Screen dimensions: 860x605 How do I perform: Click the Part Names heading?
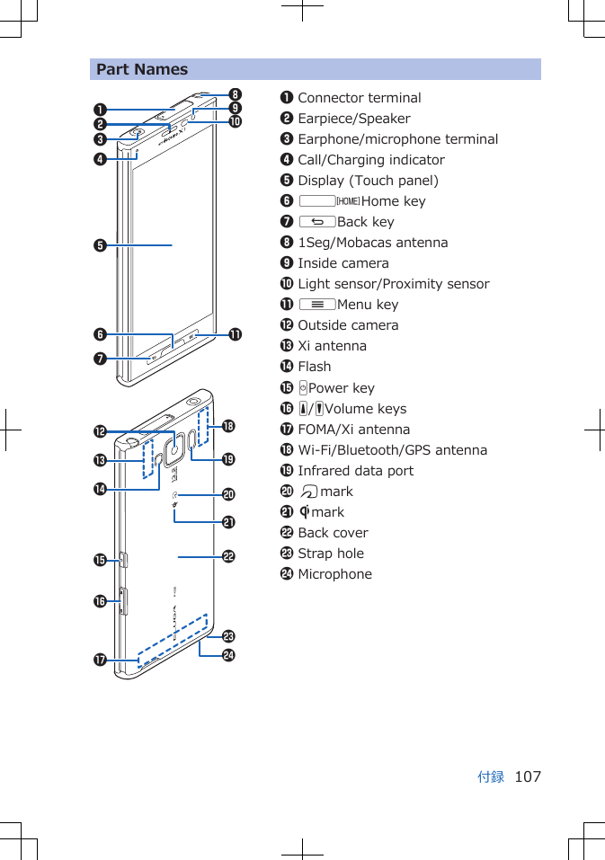pos(142,69)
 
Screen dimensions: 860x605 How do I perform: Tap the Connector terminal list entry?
pos(359,98)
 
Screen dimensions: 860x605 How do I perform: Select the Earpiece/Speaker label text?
pos(353,119)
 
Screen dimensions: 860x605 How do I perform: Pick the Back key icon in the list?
pos(317,222)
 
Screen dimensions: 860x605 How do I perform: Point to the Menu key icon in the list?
pos(317,305)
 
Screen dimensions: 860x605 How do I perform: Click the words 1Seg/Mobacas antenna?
pos(372,243)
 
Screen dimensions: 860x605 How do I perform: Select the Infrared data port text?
pos(355,471)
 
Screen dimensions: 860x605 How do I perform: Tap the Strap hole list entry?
pos(331,554)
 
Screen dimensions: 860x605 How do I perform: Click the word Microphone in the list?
pos(334,574)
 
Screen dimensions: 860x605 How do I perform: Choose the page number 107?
pos(528,776)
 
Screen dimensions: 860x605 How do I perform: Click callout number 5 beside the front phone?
pos(102,244)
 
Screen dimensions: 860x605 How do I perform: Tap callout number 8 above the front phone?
pos(235,94)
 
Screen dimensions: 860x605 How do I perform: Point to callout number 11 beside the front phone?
pos(235,335)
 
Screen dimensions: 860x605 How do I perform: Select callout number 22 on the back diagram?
pos(229,557)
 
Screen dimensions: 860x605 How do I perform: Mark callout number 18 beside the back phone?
pos(229,426)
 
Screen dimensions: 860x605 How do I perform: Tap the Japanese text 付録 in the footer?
pos(491,776)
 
